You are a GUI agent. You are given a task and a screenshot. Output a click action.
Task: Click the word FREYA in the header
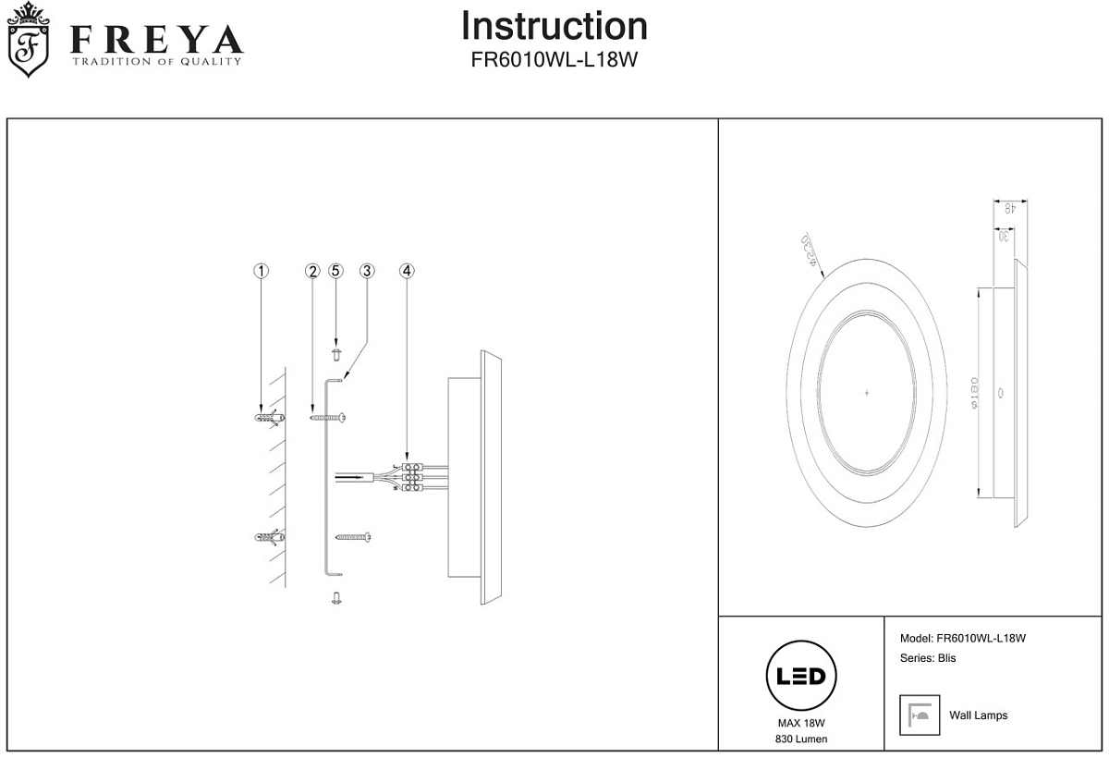(x=157, y=39)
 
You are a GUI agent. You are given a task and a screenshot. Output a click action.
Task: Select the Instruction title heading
(x=554, y=26)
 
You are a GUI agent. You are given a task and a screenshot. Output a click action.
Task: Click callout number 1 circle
(x=262, y=271)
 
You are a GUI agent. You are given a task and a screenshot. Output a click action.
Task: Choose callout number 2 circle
(x=312, y=271)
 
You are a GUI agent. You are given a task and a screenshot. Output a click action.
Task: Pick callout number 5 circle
(x=336, y=271)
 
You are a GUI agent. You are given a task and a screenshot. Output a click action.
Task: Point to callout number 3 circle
(x=367, y=271)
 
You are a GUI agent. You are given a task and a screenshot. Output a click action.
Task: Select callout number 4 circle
(x=408, y=271)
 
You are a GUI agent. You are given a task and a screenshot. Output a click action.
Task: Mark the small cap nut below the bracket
(x=336, y=598)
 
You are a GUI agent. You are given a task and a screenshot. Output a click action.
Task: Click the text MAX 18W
(x=801, y=724)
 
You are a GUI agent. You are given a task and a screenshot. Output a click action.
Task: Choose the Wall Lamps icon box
(x=920, y=715)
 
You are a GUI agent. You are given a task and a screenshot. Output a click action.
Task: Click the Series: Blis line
(x=928, y=658)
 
